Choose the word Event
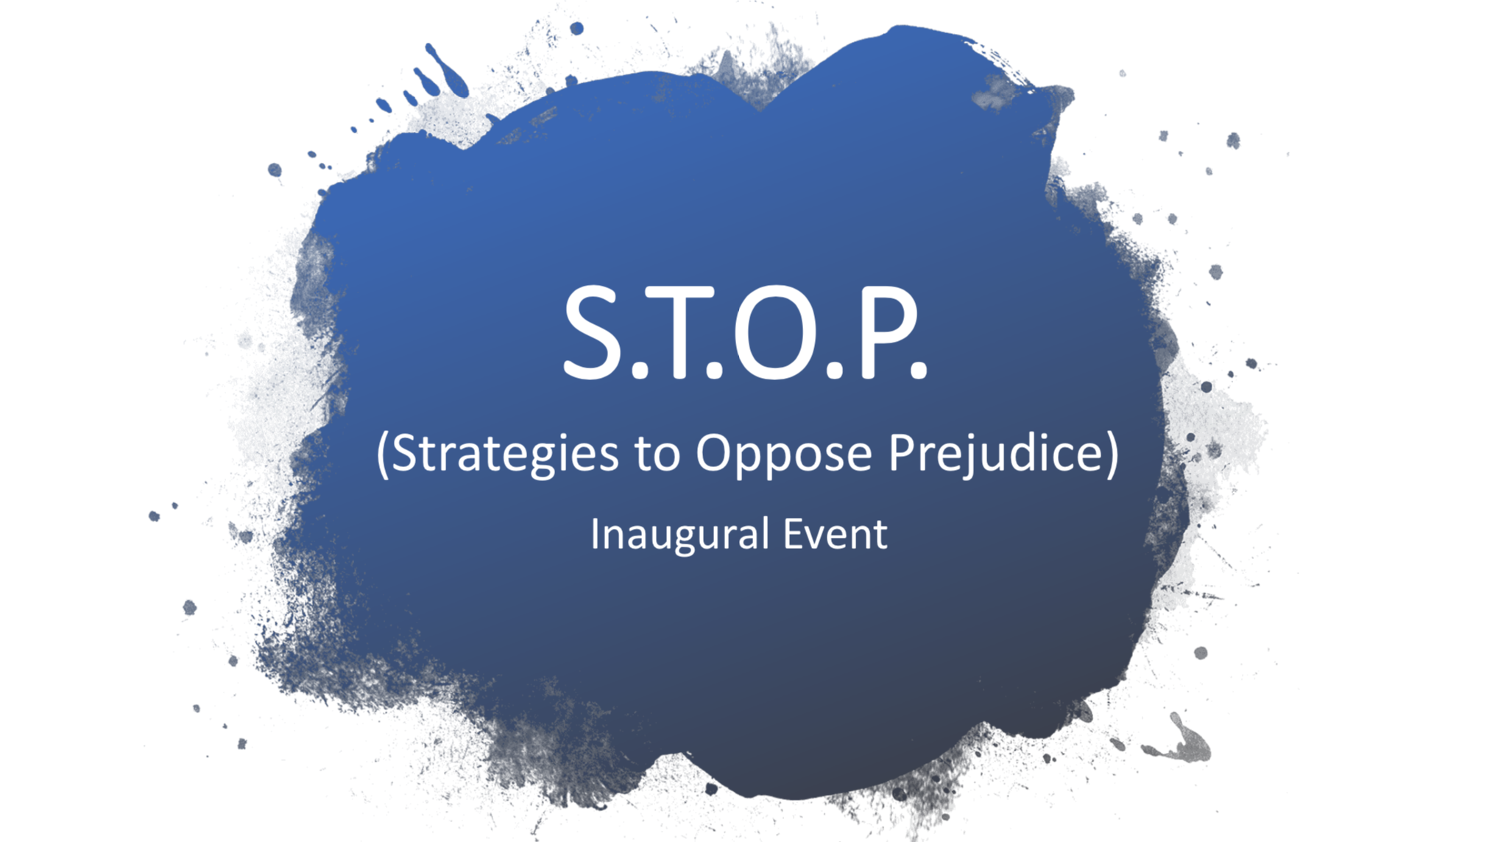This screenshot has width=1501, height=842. pos(835,533)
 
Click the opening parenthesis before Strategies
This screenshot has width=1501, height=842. pos(381,453)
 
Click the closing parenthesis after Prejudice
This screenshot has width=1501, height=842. pos(1112,453)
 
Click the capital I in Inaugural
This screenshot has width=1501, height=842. pos(595,533)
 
